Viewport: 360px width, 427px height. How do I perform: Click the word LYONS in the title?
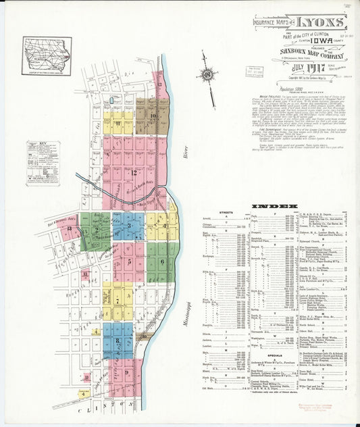click(324, 21)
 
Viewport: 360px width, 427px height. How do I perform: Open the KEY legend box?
click(43, 163)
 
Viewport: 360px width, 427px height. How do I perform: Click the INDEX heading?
click(274, 205)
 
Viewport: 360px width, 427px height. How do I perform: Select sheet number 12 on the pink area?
click(134, 172)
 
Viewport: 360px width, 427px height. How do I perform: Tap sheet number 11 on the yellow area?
click(118, 124)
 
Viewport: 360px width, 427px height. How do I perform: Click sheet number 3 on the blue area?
click(128, 225)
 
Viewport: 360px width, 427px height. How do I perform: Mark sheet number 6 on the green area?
click(162, 261)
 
